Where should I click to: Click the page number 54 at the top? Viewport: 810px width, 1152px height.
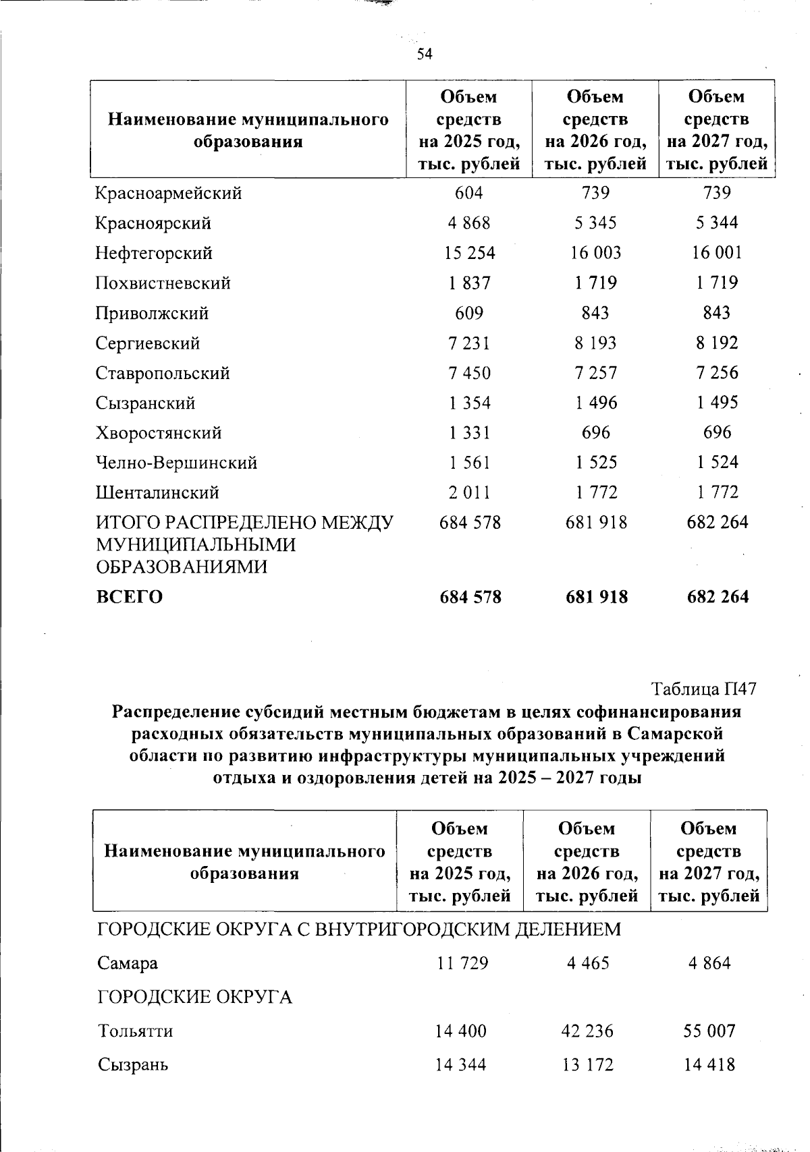[424, 55]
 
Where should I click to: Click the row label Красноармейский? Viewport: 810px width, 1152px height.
[168, 194]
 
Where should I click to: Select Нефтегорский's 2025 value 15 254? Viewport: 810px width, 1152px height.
[469, 253]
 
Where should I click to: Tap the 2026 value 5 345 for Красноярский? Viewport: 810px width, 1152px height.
[595, 223]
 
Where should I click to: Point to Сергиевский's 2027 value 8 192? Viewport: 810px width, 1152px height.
[717, 343]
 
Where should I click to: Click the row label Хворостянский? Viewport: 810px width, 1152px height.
[159, 433]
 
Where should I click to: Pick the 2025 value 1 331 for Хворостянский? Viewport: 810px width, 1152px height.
[469, 433]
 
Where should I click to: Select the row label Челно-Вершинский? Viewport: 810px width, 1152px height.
[176, 463]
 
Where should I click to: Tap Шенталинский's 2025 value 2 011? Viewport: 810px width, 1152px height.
[469, 492]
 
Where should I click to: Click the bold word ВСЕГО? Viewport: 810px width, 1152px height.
[129, 597]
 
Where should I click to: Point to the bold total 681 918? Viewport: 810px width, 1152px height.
[596, 597]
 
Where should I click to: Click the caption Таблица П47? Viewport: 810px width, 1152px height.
[703, 689]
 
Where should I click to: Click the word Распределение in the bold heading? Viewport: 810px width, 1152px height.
[177, 712]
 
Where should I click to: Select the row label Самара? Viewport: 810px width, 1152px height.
[128, 963]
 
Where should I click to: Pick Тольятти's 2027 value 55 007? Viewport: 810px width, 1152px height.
[709, 1031]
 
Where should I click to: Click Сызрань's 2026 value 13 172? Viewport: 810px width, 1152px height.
[587, 1065]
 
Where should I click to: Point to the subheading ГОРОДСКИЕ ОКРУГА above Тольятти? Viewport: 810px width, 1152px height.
[195, 997]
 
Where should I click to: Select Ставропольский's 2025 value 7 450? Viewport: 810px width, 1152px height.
[469, 373]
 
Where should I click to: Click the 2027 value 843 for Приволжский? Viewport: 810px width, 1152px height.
[717, 313]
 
